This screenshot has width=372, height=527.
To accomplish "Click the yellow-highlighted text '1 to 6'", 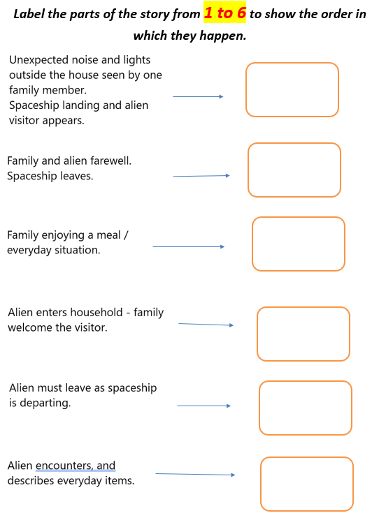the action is click(x=224, y=13).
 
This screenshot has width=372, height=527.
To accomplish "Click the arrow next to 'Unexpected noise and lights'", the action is click(x=198, y=96).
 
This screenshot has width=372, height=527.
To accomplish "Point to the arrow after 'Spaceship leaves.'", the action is click(x=201, y=176).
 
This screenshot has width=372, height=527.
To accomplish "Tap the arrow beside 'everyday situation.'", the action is click(x=189, y=246).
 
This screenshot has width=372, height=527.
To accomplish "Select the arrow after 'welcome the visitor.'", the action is click(x=206, y=325).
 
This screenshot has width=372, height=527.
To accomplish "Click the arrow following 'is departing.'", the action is click(x=204, y=406).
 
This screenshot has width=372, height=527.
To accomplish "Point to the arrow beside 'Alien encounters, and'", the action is click(x=195, y=474).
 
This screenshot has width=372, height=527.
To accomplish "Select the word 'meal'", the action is click(x=108, y=235).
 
